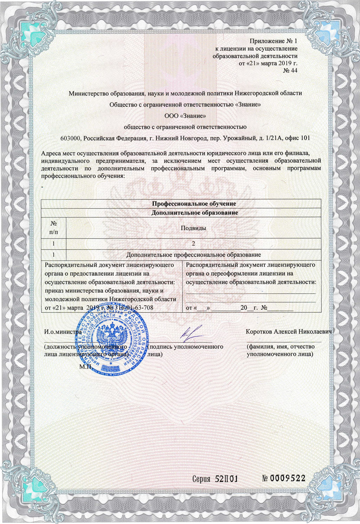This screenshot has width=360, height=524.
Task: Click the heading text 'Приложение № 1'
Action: click(x=274, y=41)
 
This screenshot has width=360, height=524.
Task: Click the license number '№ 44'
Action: click(x=290, y=71)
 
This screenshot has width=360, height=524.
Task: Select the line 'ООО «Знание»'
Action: click(x=185, y=116)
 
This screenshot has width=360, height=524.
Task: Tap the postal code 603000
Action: click(x=71, y=138)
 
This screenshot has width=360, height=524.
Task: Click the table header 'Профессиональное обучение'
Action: click(x=194, y=204)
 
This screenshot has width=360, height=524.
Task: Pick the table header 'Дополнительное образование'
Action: click(x=194, y=213)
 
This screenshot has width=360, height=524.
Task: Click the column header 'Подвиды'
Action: click(x=193, y=228)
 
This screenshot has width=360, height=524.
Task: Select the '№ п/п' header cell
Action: click(x=54, y=228)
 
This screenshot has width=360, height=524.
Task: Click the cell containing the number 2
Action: click(x=193, y=244)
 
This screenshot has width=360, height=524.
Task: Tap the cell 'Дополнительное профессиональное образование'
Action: click(x=193, y=255)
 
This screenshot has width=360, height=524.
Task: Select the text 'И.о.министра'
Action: click(x=63, y=332)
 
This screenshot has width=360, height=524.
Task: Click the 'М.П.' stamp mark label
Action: click(x=85, y=367)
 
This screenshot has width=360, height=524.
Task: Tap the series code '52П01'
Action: click(x=227, y=479)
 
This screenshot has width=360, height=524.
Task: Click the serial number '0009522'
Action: click(x=288, y=478)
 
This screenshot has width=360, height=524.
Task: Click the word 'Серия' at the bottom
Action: click(x=201, y=479)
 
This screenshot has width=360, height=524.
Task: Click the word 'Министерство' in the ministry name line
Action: click(x=89, y=93)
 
